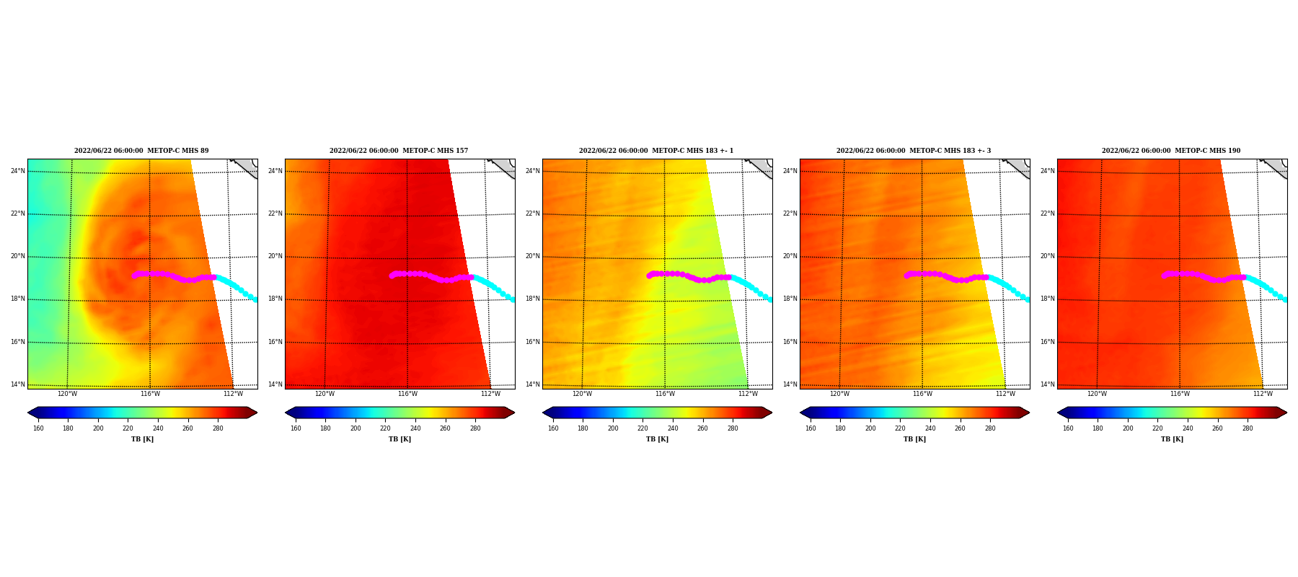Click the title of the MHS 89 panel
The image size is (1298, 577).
click(141, 151)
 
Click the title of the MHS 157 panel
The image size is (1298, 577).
click(399, 151)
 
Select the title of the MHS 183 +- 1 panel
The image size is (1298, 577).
click(656, 151)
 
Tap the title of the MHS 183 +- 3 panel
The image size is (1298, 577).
click(914, 151)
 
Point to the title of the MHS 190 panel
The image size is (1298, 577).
click(1171, 151)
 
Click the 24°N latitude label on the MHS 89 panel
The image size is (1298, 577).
click(18, 171)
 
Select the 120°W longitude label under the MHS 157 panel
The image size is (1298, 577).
click(324, 394)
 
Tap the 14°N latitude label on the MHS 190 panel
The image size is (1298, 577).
click(1048, 384)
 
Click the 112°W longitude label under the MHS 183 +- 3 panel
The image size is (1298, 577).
click(1005, 394)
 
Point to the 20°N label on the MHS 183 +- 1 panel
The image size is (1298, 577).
click(533, 256)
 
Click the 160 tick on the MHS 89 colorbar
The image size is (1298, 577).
click(38, 428)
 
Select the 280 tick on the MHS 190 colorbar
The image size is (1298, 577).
click(1248, 428)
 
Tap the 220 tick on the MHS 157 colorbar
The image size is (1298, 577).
click(386, 428)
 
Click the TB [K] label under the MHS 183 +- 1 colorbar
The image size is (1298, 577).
click(657, 439)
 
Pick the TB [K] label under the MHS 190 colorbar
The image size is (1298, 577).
click(1172, 439)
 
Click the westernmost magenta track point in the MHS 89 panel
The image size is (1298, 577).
click(134, 276)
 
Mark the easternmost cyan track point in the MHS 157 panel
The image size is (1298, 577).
click(513, 299)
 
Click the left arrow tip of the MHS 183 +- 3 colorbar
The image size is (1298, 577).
click(800, 413)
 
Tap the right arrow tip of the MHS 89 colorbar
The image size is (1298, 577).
click(257, 413)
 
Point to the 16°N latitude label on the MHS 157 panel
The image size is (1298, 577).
click(275, 342)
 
